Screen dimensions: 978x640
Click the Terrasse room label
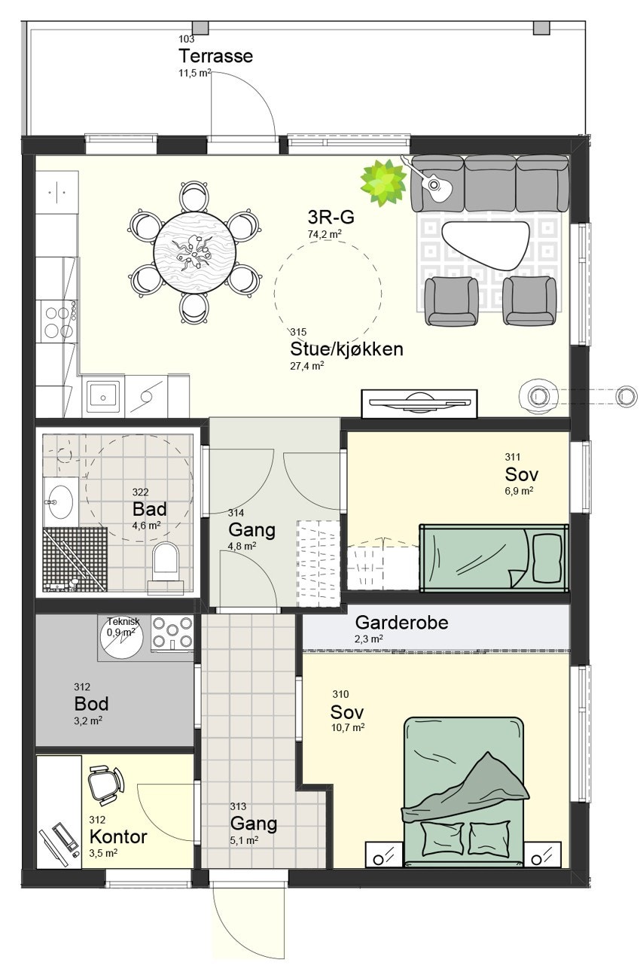[x=215, y=56]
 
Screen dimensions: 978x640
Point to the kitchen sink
[x=104, y=395]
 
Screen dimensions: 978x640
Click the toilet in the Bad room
[x=165, y=562]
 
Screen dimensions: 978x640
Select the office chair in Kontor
[x=105, y=783]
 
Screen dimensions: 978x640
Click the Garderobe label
[x=401, y=623]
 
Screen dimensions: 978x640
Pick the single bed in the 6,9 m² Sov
[x=493, y=557]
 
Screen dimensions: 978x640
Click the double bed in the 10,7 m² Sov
[x=463, y=791]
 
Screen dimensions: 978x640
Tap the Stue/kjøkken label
[x=346, y=349]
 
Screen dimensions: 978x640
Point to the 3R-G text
[x=331, y=218]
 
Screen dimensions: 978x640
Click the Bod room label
[x=91, y=704]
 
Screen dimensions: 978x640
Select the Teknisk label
[x=123, y=621]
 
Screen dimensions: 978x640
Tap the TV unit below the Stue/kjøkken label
[x=419, y=403]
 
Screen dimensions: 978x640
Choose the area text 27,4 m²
[x=307, y=366]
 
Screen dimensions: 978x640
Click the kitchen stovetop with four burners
[x=59, y=320]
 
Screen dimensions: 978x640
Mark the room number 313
[x=239, y=806]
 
